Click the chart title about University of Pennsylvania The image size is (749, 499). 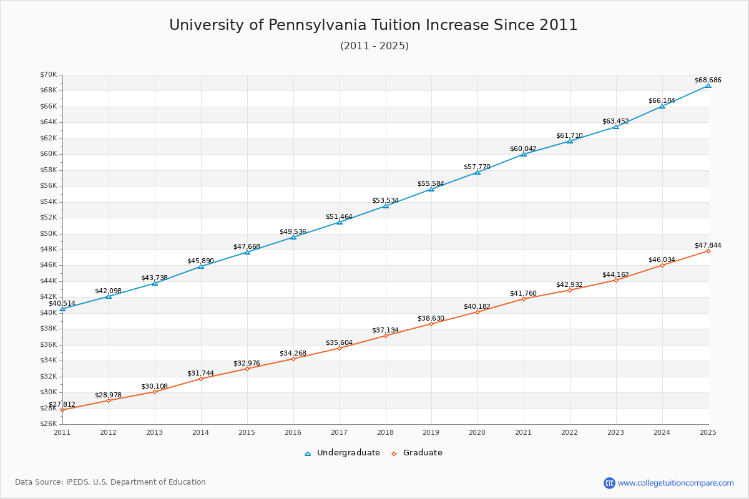coord(373,25)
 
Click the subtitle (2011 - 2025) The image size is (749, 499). coord(374,46)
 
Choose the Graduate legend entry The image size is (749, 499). coord(418,453)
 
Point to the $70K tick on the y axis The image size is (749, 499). coord(48,75)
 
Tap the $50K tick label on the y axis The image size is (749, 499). coord(48,234)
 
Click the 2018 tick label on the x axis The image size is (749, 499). coord(386,432)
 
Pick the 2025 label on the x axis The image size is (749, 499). coord(708,432)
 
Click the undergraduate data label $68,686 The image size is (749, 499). coord(707,80)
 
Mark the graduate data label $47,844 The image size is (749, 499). coord(707,245)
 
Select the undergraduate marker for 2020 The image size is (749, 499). coord(477,172)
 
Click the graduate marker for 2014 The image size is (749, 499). coord(201,379)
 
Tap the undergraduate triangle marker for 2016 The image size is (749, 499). coord(293,237)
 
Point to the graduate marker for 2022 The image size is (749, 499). coord(570,290)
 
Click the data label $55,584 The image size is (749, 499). coord(431,183)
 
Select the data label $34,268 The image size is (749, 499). coord(293,353)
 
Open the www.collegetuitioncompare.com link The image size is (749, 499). coord(675,483)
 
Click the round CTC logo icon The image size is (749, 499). coord(609,483)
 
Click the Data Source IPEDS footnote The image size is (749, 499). coord(110,482)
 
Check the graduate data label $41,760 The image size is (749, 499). coord(523,293)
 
